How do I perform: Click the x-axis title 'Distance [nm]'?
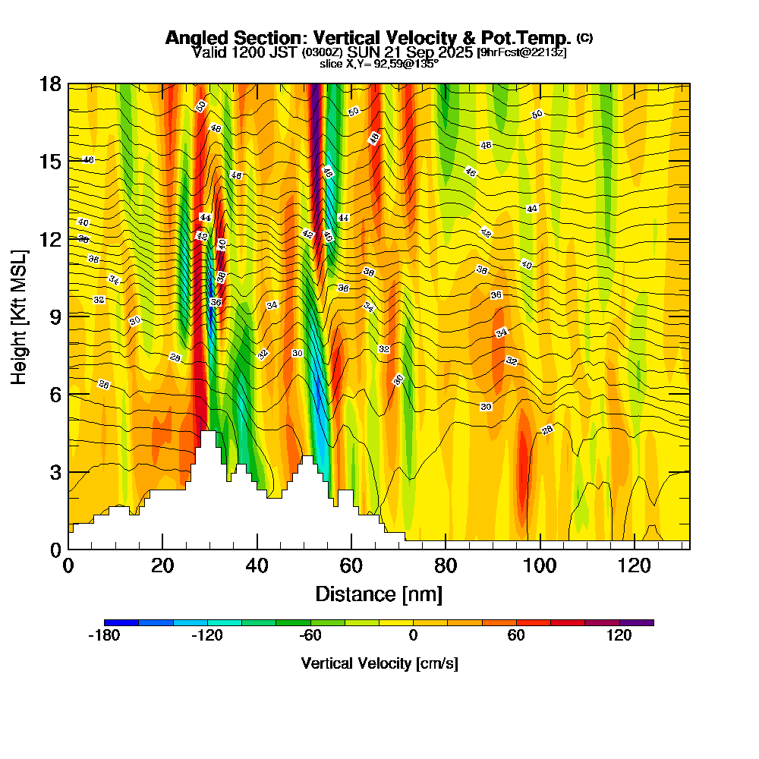coord(379,594)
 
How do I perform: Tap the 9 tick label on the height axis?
coord(55,316)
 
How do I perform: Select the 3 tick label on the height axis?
coord(55,471)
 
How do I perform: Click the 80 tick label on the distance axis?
coord(446,565)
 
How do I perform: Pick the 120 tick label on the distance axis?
coord(634,565)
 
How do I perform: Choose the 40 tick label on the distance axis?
coord(257,565)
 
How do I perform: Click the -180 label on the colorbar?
coord(104,636)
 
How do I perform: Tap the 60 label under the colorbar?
coord(516,636)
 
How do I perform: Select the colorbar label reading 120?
coord(619,636)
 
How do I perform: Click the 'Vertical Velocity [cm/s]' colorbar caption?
coord(379,663)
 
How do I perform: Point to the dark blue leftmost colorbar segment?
coord(121,622)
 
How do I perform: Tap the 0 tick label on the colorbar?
coord(413,636)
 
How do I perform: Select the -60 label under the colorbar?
coord(310,636)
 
